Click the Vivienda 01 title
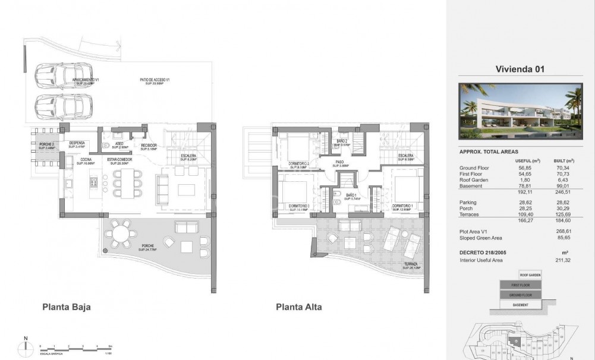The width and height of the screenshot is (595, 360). coord(520,70)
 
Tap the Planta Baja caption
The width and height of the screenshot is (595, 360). coord(66,307)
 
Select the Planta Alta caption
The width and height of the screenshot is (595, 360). coord(298,307)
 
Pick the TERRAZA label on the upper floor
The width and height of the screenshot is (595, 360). coord(410,265)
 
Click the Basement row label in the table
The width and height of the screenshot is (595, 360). coord(471,186)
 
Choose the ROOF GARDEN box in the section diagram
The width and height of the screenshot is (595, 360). coord(530,275)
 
